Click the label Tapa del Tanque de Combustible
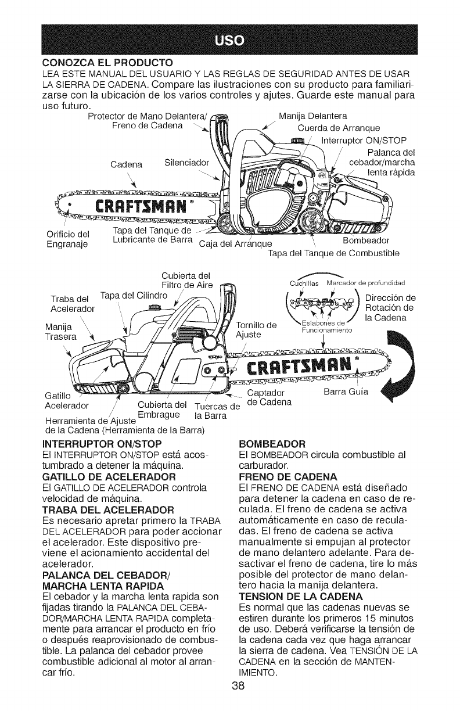point(332,253)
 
